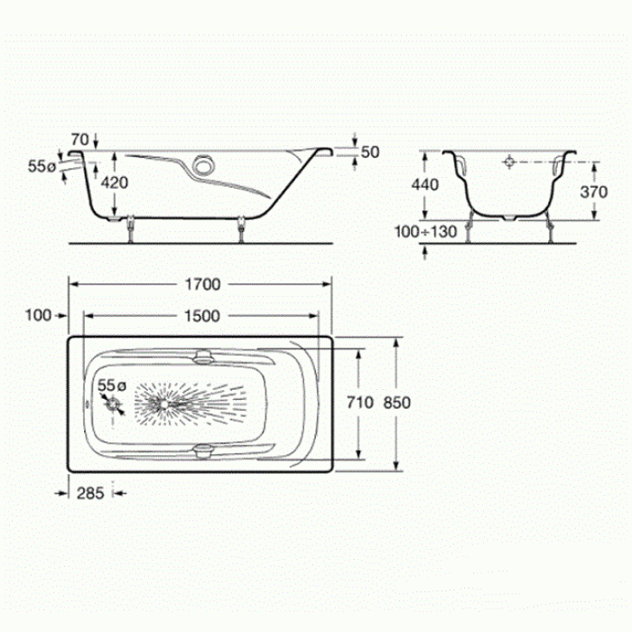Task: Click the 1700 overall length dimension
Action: pos(203,284)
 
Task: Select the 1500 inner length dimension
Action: pos(202,316)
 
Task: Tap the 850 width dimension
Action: pos(397,403)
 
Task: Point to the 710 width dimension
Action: pos(360,403)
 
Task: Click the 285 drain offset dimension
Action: pos(90,493)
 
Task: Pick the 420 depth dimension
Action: pos(115,182)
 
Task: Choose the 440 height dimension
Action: pos(425,184)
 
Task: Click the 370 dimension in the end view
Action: pos(594,191)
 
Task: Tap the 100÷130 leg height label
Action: pos(425,232)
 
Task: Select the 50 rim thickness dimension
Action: pos(370,153)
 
